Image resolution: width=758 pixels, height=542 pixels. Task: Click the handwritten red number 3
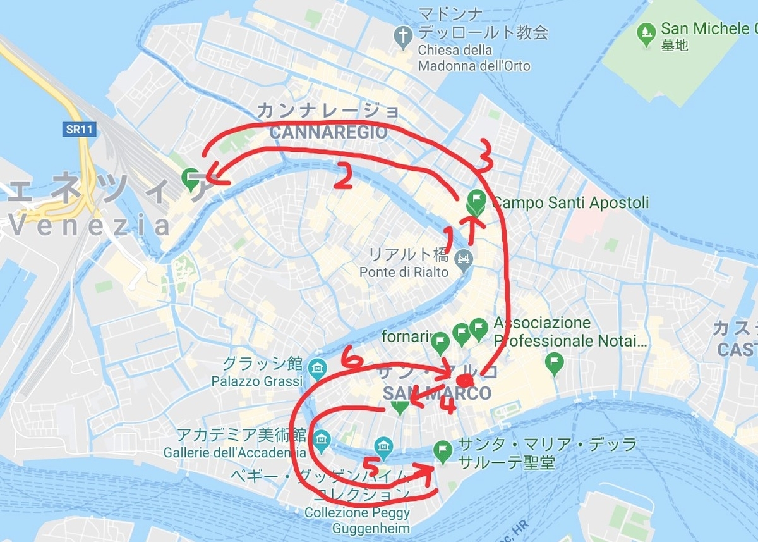click(x=484, y=156)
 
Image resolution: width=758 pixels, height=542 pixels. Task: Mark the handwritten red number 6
click(x=351, y=360)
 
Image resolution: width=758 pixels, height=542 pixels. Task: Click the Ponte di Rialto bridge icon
click(x=464, y=258)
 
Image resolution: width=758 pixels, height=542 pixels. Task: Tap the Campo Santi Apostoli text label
click(x=570, y=203)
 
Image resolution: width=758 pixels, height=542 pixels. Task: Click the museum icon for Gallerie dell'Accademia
click(x=322, y=438)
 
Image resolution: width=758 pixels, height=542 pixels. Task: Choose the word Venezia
click(x=91, y=225)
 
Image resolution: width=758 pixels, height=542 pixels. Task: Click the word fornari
click(x=406, y=337)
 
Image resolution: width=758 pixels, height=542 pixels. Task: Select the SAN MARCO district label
click(x=437, y=393)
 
